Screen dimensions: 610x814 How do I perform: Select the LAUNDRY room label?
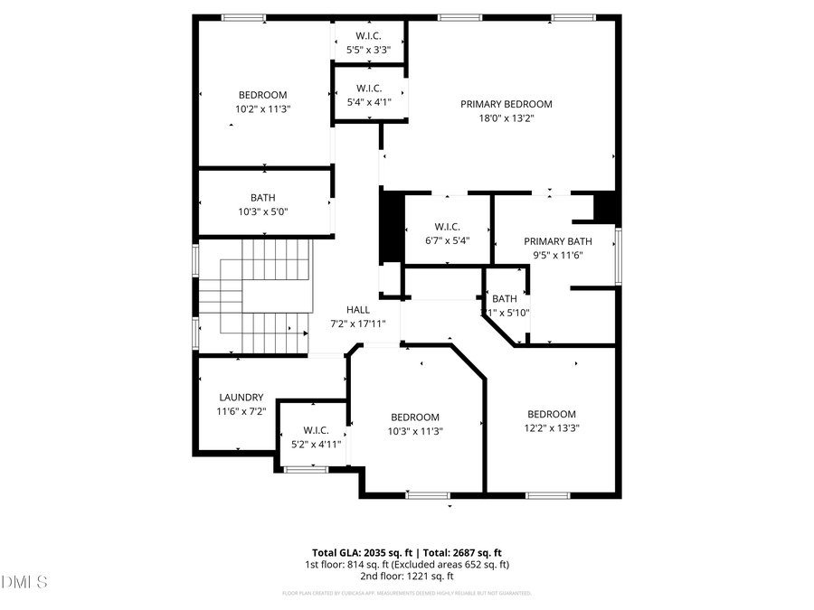241,397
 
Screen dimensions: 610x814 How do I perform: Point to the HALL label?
358,309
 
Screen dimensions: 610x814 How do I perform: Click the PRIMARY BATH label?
558,241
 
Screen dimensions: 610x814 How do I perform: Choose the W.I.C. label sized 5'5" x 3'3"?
368,36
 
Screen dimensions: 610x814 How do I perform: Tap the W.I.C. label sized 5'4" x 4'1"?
368,89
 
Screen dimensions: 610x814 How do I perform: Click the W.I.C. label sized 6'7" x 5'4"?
448,226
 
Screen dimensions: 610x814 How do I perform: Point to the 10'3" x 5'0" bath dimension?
263,211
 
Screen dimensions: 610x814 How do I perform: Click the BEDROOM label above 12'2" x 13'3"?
552,414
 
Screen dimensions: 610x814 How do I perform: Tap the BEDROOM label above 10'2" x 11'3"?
263,95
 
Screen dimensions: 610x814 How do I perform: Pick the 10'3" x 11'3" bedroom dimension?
416,431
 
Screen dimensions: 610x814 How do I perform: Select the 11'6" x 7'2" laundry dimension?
241,411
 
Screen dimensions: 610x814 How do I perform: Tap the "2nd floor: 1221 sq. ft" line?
406,576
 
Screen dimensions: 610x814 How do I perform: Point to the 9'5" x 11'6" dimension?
558,255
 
